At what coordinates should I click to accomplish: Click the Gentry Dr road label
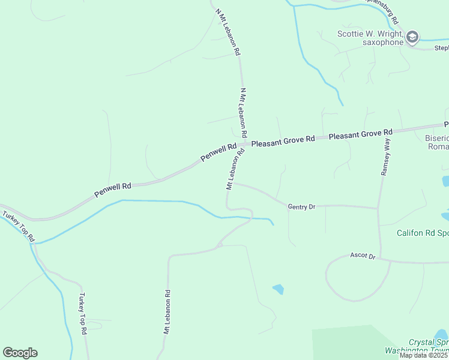tap(301, 207)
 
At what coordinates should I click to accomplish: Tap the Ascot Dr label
tap(363, 256)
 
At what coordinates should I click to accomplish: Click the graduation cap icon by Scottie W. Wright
tap(412, 38)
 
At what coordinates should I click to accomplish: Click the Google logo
tap(20, 353)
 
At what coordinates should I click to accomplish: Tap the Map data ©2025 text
tap(424, 355)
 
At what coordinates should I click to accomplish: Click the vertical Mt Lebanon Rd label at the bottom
tap(167, 312)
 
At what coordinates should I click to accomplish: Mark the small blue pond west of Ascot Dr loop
tap(278, 289)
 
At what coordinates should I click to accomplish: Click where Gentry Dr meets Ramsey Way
tap(378, 208)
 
